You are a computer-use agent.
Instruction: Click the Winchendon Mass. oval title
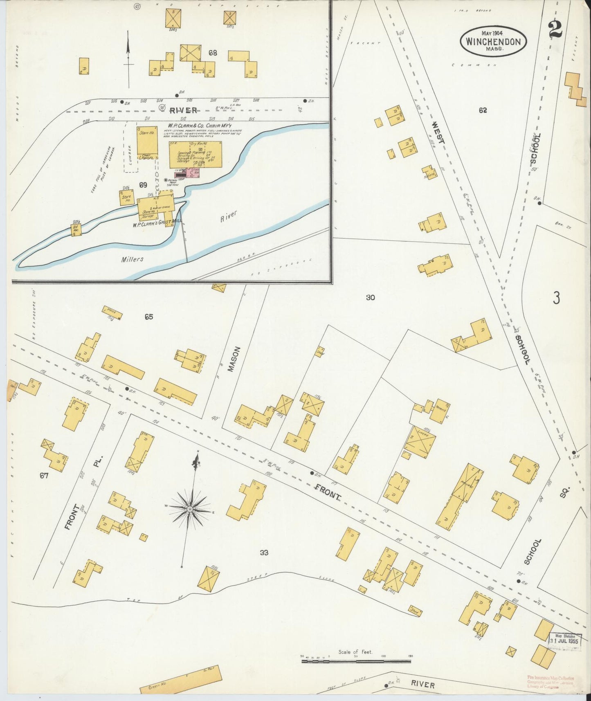coord(493,41)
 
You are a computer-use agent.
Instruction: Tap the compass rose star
coord(190,509)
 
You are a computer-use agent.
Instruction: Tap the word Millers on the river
coord(132,259)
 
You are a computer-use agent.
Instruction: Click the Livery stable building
coord(420,442)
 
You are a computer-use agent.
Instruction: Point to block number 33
coord(264,553)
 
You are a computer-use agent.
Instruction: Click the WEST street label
coord(438,133)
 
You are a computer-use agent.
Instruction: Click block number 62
coord(483,110)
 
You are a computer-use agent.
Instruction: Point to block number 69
coord(143,185)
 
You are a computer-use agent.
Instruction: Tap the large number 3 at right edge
coord(556,299)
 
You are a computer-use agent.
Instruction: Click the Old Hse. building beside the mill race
coord(76,229)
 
